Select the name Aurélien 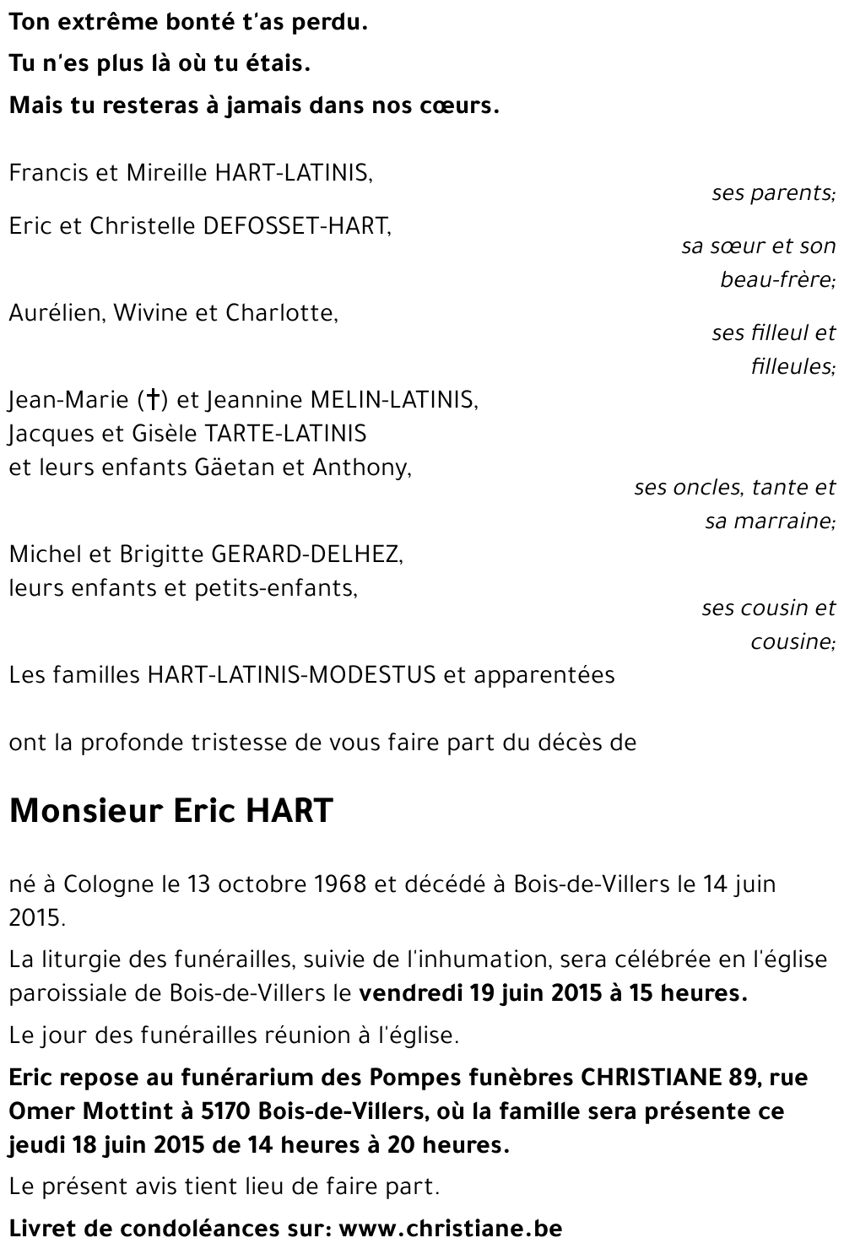55,313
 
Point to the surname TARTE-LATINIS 284,434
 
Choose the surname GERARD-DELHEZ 306,554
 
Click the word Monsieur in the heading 85,811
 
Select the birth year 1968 337,884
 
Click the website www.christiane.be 450,1228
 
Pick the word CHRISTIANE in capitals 649,1078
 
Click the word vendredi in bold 401,993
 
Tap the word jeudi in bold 35,1146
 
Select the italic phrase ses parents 771,193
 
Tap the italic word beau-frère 776,279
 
